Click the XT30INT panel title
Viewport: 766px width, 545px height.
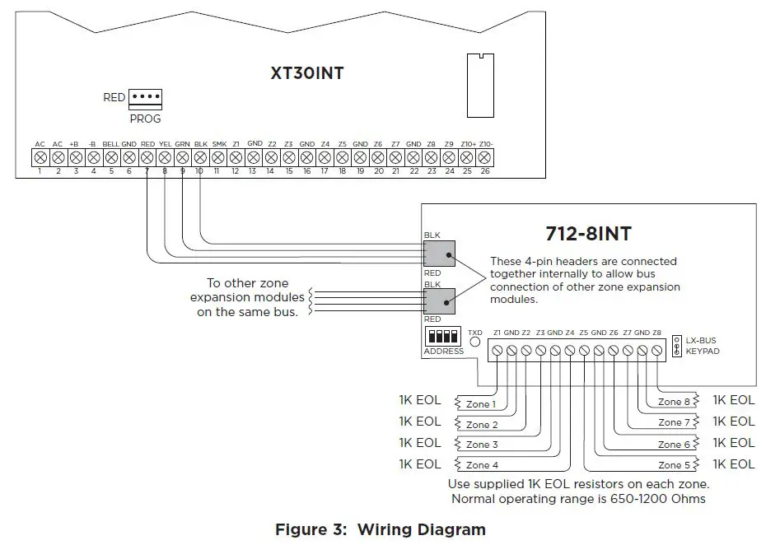[x=307, y=73]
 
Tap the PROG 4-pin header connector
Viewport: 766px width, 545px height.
[x=146, y=97]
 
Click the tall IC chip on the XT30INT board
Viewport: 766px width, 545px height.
[x=477, y=84]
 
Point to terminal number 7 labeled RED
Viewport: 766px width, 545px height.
[x=147, y=156]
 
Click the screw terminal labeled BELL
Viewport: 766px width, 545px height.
[x=110, y=156]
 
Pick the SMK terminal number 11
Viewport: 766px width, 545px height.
[x=218, y=156]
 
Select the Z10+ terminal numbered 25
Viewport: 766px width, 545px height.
[x=467, y=156]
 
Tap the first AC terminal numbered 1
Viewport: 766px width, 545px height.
[x=40, y=156]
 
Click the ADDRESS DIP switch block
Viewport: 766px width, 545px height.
[x=443, y=338]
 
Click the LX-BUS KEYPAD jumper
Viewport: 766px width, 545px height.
[x=676, y=345]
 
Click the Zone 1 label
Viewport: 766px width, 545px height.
[x=482, y=404]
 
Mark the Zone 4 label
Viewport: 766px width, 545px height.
[x=483, y=465]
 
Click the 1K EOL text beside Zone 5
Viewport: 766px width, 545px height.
[x=733, y=463]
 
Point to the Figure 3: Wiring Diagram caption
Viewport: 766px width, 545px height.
[x=380, y=529]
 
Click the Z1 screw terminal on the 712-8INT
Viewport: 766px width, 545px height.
[x=497, y=351]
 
